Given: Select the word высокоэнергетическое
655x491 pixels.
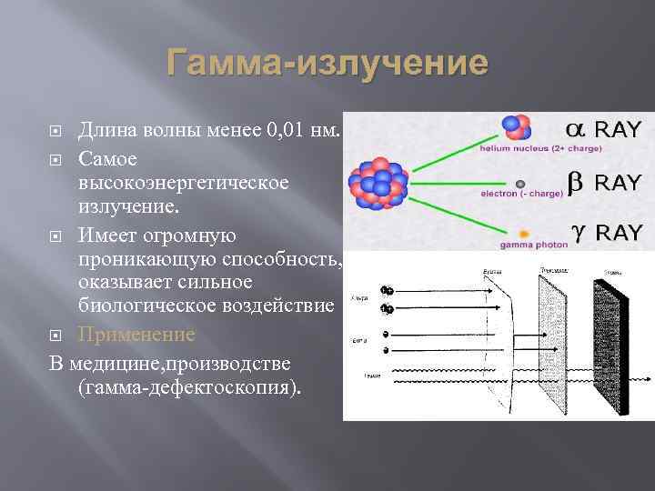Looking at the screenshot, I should click(184, 183).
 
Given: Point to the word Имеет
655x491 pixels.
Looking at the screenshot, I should click(108, 235).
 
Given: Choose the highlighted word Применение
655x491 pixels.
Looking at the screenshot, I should click(136, 334).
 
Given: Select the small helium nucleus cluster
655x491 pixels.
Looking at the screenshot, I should click(515, 127).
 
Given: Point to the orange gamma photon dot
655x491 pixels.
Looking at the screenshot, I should click(524, 233).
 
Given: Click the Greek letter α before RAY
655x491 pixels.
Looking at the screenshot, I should click(578, 129).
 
